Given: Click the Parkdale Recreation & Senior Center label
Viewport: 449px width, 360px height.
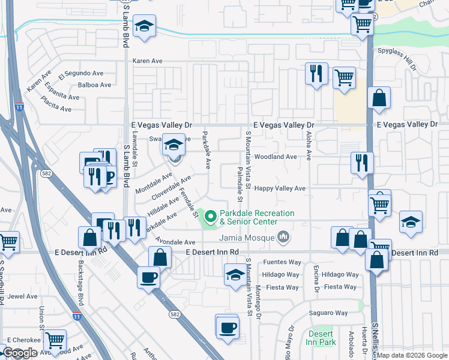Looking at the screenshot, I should (x=257, y=217).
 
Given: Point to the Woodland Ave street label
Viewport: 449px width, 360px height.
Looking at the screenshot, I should (x=276, y=157).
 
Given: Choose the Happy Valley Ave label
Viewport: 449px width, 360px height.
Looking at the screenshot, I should (x=280, y=188).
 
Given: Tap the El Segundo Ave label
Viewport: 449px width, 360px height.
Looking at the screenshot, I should (x=81, y=73).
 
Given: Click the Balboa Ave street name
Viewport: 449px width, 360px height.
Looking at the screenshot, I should (x=94, y=85).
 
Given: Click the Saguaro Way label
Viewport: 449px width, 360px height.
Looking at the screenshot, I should (x=328, y=313).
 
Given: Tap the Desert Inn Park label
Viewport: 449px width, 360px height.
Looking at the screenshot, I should (x=322, y=338).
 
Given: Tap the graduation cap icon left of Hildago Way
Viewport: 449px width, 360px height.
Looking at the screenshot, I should (x=235, y=275).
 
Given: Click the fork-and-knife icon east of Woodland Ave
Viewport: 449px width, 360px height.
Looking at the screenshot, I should (x=362, y=163).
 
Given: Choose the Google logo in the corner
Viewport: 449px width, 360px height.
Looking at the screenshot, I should (x=20, y=353).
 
